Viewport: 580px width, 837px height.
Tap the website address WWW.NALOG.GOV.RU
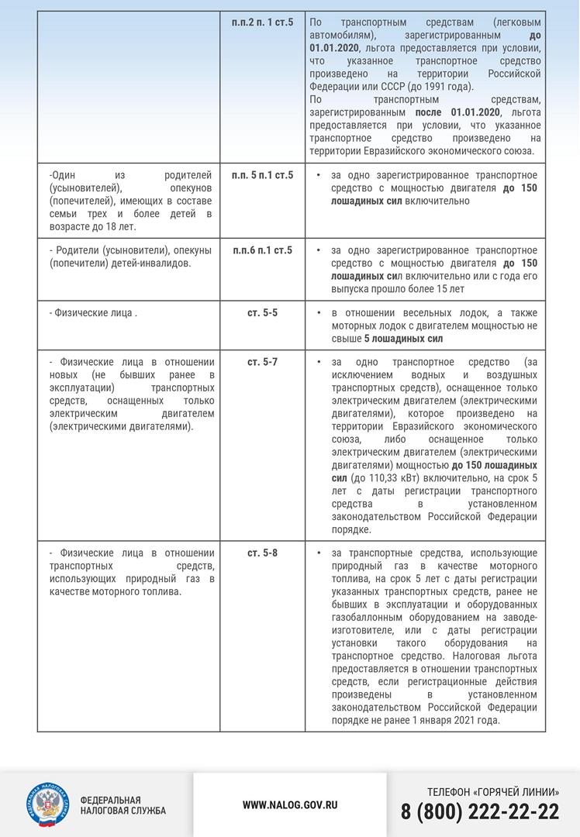(290, 804)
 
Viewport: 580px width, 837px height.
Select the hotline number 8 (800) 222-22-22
(480, 812)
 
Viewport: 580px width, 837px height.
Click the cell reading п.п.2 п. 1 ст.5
(262, 22)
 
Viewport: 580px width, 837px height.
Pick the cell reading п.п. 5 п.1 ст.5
(262, 175)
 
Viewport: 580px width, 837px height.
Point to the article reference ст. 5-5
(262, 313)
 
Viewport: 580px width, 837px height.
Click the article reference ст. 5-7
(262, 362)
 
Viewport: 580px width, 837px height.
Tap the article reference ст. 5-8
(262, 553)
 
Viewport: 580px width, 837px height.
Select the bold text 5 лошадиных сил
(404, 339)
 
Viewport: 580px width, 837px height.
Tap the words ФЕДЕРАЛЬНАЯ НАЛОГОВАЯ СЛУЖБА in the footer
(123, 805)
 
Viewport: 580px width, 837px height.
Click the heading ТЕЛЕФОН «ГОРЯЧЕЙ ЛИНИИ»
(493, 791)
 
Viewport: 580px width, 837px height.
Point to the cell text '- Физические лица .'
(93, 313)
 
